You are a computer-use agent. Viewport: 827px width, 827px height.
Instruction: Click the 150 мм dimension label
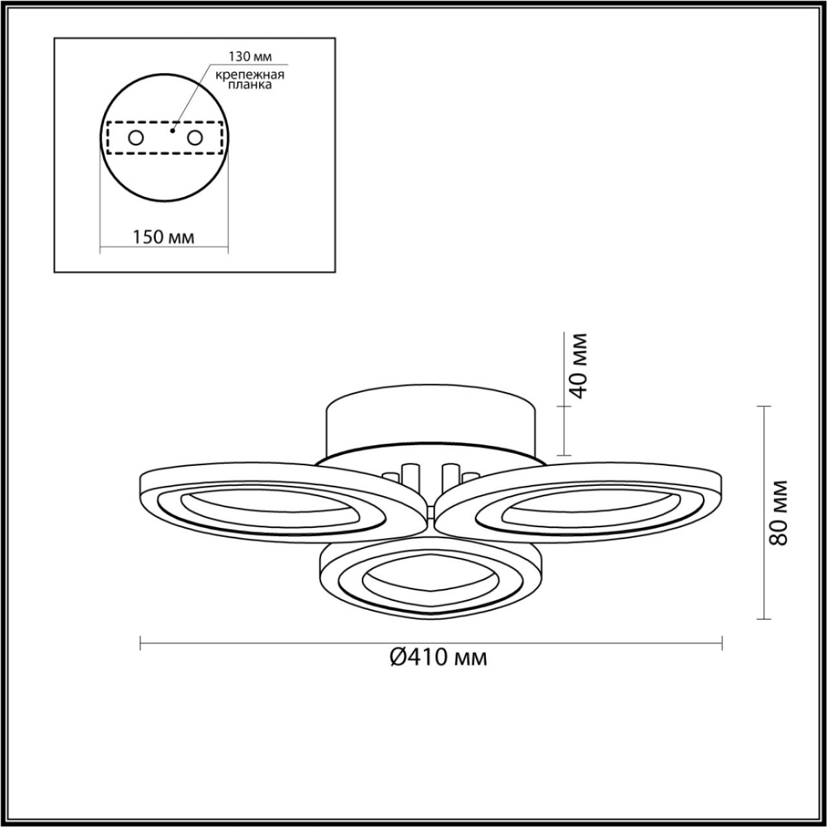coord(164,238)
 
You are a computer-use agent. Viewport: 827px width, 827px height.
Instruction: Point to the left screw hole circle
coord(136,138)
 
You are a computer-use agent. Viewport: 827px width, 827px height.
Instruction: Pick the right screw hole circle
coord(196,138)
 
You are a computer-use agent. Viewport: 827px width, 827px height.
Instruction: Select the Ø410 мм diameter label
coord(438,658)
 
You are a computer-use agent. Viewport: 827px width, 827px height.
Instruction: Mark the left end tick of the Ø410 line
coord(141,644)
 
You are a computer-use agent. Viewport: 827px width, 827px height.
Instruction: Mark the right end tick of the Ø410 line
coord(722,644)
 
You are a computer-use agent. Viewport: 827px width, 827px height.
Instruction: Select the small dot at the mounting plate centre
coord(172,129)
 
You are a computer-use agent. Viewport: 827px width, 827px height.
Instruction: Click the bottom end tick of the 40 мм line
coord(564,455)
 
